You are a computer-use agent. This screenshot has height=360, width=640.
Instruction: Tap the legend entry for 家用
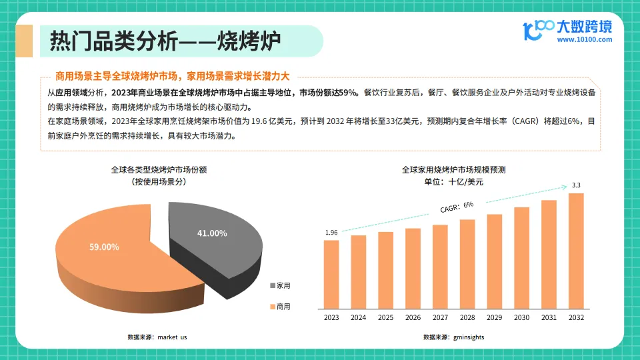(279, 285)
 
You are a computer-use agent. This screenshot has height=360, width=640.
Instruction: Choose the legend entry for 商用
(279, 307)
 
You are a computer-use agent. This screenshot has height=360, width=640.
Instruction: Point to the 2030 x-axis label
(521, 318)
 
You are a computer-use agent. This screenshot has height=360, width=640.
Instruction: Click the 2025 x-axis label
(386, 318)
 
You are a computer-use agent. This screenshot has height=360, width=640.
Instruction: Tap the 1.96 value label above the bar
(331, 233)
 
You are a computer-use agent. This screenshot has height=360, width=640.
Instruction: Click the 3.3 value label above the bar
(576, 185)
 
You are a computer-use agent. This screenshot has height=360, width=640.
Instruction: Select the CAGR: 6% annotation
(457, 207)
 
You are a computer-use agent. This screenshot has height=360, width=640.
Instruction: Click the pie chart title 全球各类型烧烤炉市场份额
(159, 170)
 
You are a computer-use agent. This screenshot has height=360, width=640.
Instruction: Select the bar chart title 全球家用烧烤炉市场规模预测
(453, 170)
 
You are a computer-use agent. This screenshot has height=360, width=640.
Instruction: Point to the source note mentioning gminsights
(453, 337)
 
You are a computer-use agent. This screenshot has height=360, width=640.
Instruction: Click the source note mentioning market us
(157, 337)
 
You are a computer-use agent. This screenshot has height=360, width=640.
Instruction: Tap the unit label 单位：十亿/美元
(453, 181)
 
